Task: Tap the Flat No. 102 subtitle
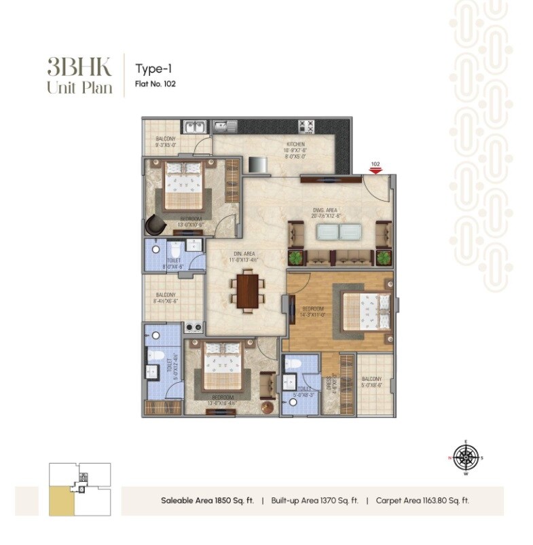(x=155, y=85)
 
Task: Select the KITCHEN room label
(x=295, y=145)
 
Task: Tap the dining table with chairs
(x=248, y=290)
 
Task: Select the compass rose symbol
(x=465, y=457)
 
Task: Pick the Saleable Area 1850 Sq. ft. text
(x=207, y=501)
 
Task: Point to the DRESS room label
(x=328, y=382)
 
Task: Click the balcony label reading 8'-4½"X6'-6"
(x=166, y=297)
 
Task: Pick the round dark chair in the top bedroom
(x=156, y=224)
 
